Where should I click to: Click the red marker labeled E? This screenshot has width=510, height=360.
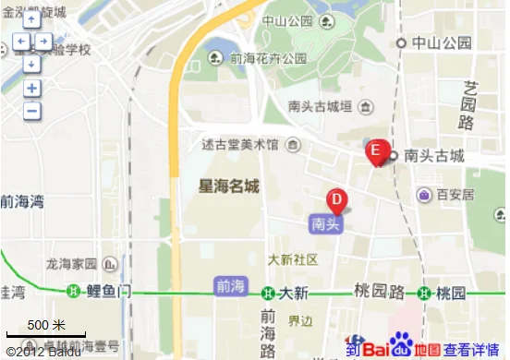pos(376,151)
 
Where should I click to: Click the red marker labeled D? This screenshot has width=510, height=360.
pos(337,199)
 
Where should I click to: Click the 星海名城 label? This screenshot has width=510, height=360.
pos(229,186)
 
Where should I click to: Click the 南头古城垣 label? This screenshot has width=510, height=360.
pos(321,106)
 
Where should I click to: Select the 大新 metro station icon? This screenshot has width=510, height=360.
pos(268,294)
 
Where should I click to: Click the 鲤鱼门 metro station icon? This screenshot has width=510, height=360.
pos(73,293)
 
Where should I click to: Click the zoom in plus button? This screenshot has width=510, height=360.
pos(32,89)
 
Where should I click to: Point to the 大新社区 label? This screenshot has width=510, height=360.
pos(293,258)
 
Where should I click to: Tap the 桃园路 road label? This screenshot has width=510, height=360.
pos(380,292)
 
